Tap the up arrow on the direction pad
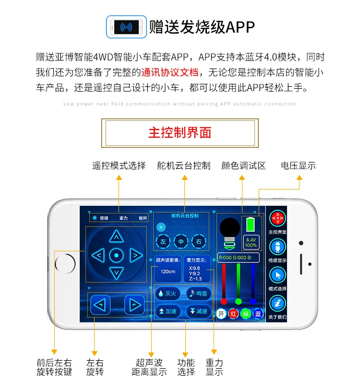click(x=116, y=236)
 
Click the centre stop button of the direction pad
click(x=116, y=255)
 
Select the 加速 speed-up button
click(x=168, y=311)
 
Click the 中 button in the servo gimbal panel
click(x=181, y=242)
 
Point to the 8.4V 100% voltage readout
click(x=251, y=242)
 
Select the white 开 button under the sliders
click(x=221, y=314)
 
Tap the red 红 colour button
click(x=234, y=314)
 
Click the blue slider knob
click(x=253, y=301)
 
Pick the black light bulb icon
click(x=229, y=230)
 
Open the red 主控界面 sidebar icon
click(x=277, y=219)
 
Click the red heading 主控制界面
click(x=180, y=133)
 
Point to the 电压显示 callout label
click(x=299, y=165)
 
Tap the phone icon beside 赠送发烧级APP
click(x=126, y=26)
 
